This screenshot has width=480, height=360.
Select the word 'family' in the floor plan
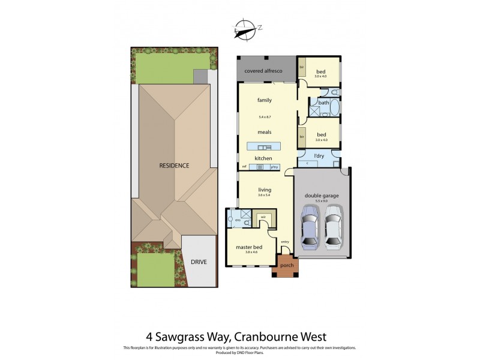(x=265, y=100)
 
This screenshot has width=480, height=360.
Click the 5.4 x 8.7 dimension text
(x=265, y=116)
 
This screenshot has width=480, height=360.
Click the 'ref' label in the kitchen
(x=244, y=166)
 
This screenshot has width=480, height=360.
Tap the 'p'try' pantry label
(x=275, y=166)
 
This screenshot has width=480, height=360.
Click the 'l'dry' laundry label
(x=319, y=156)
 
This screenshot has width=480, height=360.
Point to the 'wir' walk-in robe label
(x=262, y=217)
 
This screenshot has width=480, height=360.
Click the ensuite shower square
(x=246, y=214)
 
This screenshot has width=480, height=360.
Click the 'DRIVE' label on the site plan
(x=199, y=263)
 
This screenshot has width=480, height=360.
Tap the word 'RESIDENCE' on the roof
(x=174, y=165)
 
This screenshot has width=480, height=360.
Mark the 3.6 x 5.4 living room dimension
(x=265, y=195)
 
